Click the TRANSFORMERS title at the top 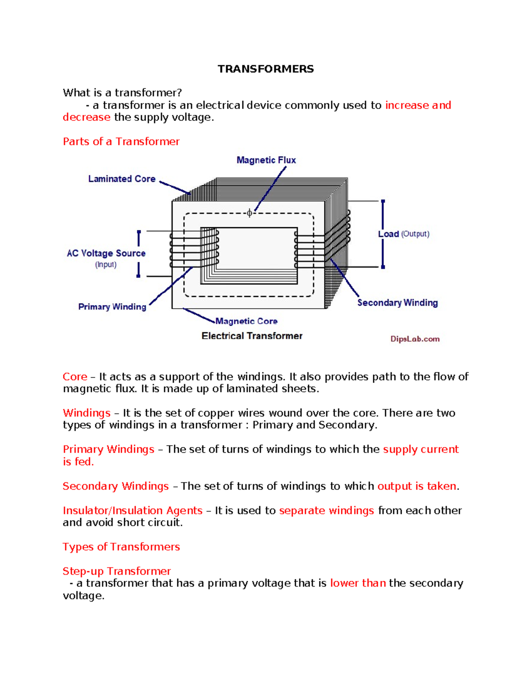(266, 69)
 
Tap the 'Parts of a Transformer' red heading (121, 141)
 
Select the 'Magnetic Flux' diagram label (266, 160)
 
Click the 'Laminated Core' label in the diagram (122, 179)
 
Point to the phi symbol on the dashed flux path (250, 213)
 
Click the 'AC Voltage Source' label (106, 253)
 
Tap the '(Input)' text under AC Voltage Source (106, 264)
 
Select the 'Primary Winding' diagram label (112, 307)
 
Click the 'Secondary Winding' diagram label (397, 303)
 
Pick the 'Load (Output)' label (403, 234)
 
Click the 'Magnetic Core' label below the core (246, 321)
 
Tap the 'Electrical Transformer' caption (252, 336)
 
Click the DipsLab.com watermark (415, 339)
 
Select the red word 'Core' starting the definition (75, 377)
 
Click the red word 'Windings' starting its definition (86, 413)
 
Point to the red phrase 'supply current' (421, 449)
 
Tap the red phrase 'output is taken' (417, 486)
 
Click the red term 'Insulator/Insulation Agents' (133, 510)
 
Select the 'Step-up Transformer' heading (117, 571)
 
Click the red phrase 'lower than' (358, 583)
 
